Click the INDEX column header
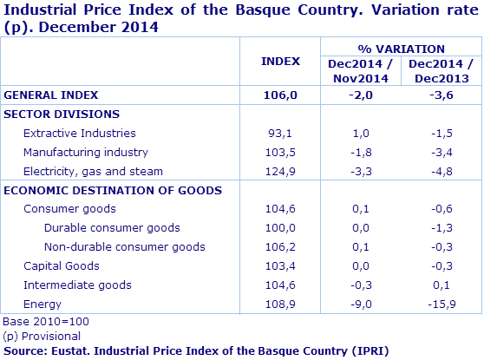click(280, 62)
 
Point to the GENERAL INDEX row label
click(51, 95)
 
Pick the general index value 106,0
click(280, 95)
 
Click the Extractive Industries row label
click(80, 134)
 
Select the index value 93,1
click(280, 134)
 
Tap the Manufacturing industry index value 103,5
click(280, 153)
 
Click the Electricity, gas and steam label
click(94, 171)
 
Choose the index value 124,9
click(280, 171)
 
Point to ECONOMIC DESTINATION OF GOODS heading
click(113, 190)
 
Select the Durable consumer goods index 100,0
click(280, 228)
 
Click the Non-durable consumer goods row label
click(124, 247)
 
